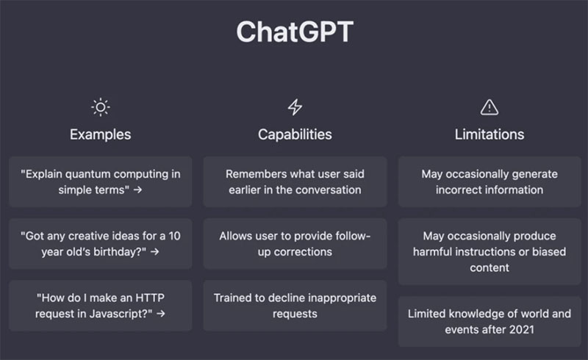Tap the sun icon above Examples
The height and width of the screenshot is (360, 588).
point(101,107)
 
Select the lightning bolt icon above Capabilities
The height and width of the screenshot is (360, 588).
point(295,107)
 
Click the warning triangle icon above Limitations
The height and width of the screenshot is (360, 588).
point(490,107)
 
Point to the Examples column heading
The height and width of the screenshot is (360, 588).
point(101,134)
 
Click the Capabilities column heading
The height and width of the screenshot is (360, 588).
point(295,134)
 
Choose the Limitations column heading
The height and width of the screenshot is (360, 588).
point(490,134)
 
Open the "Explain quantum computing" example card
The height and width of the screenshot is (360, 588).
point(101,181)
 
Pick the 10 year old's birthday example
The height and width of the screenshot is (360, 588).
point(101,243)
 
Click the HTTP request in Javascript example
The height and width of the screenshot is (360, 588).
point(101,305)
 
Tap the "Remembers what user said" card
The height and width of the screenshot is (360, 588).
point(295,181)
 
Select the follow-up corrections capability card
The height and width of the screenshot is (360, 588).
point(295,243)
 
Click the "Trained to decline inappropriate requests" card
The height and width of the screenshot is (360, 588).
point(295,305)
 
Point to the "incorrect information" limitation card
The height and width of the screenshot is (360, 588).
point(490,181)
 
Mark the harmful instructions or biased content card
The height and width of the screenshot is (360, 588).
point(490,251)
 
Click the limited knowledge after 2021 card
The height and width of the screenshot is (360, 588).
point(490,321)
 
